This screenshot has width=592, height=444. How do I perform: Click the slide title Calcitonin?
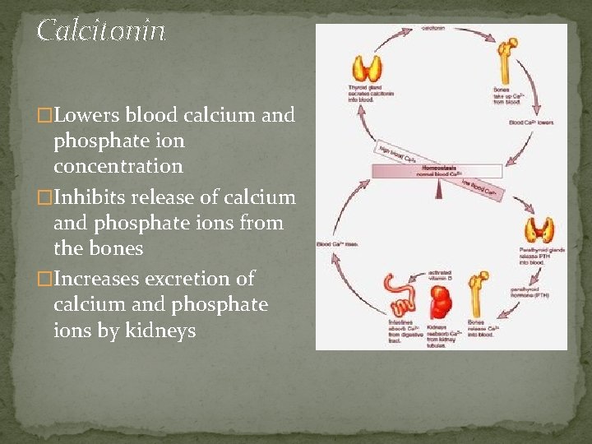(x=101, y=31)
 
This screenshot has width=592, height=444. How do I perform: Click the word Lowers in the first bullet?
(x=88, y=115)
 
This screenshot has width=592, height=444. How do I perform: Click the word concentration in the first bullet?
(x=118, y=166)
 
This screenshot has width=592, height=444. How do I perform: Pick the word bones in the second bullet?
(x=116, y=248)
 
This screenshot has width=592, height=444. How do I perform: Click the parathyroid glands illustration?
(x=541, y=230)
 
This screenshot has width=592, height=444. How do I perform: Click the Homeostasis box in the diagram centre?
(x=437, y=171)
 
